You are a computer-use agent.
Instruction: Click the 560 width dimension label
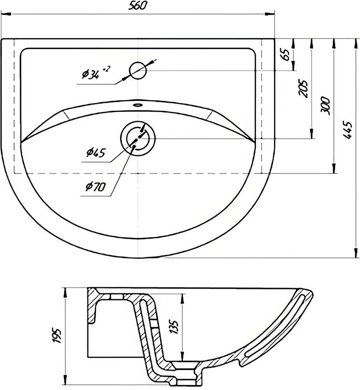138,5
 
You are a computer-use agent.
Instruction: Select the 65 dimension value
286,55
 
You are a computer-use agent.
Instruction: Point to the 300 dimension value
325,106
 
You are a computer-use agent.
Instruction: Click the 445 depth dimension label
347,130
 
